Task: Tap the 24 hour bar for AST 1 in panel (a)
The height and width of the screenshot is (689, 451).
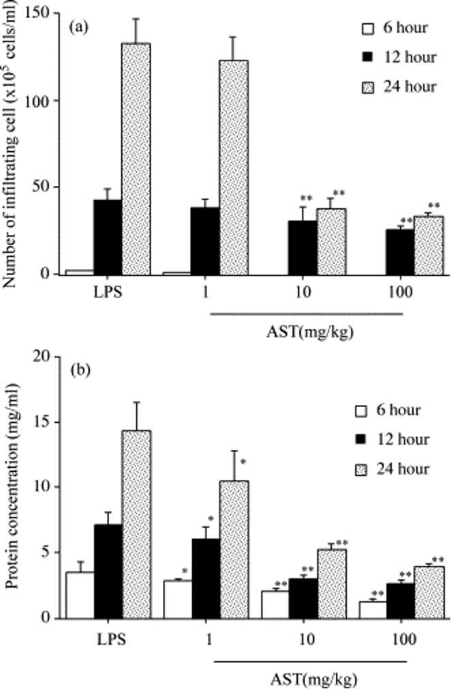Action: (x=234, y=167)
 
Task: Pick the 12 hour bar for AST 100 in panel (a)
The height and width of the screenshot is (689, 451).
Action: (x=399, y=252)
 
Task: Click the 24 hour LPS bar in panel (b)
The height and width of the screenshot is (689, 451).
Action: (x=137, y=524)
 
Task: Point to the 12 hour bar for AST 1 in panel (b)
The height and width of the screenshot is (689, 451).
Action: (x=205, y=578)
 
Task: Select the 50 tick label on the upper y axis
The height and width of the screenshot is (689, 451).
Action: (x=48, y=187)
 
